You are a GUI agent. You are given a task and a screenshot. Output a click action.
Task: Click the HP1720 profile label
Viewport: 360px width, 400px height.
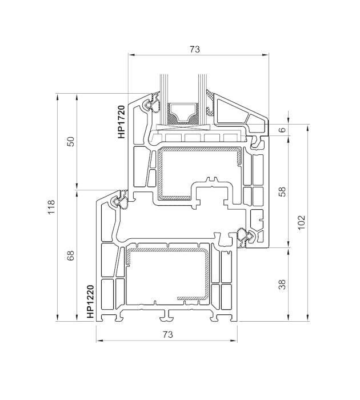[x=121, y=122]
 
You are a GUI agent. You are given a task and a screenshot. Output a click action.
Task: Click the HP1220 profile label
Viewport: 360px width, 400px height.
[x=90, y=302]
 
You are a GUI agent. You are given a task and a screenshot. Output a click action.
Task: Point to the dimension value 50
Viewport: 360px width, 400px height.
[x=70, y=141]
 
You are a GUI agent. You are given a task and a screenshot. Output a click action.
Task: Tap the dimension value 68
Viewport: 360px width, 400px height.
[x=70, y=255]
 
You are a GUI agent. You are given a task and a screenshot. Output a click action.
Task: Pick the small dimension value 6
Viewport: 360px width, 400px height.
[x=281, y=130]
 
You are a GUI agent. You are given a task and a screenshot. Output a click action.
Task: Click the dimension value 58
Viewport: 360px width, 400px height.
[x=281, y=192]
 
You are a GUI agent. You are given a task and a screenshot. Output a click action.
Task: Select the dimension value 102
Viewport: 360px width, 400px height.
[x=302, y=221]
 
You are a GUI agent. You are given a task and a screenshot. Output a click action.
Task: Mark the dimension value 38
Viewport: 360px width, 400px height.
[x=281, y=284]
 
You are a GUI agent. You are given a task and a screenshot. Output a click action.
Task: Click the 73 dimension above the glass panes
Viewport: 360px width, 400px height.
[x=194, y=50]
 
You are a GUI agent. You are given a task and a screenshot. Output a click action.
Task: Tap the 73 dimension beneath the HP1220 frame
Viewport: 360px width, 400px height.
[x=166, y=334]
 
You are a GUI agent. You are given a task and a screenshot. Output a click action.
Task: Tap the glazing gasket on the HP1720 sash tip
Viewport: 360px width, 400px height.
[x=153, y=105]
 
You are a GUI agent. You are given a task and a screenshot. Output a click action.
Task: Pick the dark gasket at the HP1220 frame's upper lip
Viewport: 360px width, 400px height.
[x=121, y=201]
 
